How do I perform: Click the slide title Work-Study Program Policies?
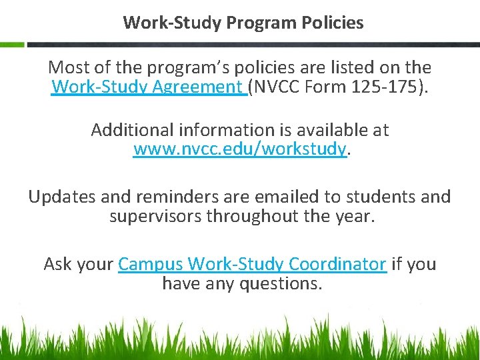243,23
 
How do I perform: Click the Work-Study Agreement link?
147,87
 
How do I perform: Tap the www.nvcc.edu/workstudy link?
240,149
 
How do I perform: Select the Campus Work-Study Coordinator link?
252,264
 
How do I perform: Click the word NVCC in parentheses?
278,87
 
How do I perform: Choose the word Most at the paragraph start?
69,67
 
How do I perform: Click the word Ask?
58,264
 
